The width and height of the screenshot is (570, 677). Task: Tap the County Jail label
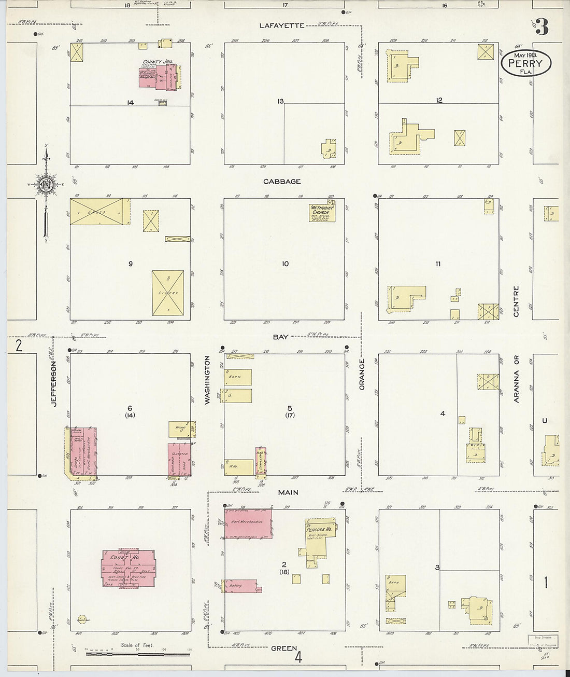[161, 62]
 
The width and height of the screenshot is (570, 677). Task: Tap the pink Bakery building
[239, 586]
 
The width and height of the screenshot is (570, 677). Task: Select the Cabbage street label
[282, 182]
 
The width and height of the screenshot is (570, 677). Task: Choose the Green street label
[284, 648]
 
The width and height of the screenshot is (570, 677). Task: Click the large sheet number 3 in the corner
[541, 27]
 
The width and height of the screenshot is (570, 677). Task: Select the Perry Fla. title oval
[525, 63]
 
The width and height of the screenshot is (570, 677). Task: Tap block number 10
[285, 264]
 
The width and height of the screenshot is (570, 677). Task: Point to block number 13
[280, 101]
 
